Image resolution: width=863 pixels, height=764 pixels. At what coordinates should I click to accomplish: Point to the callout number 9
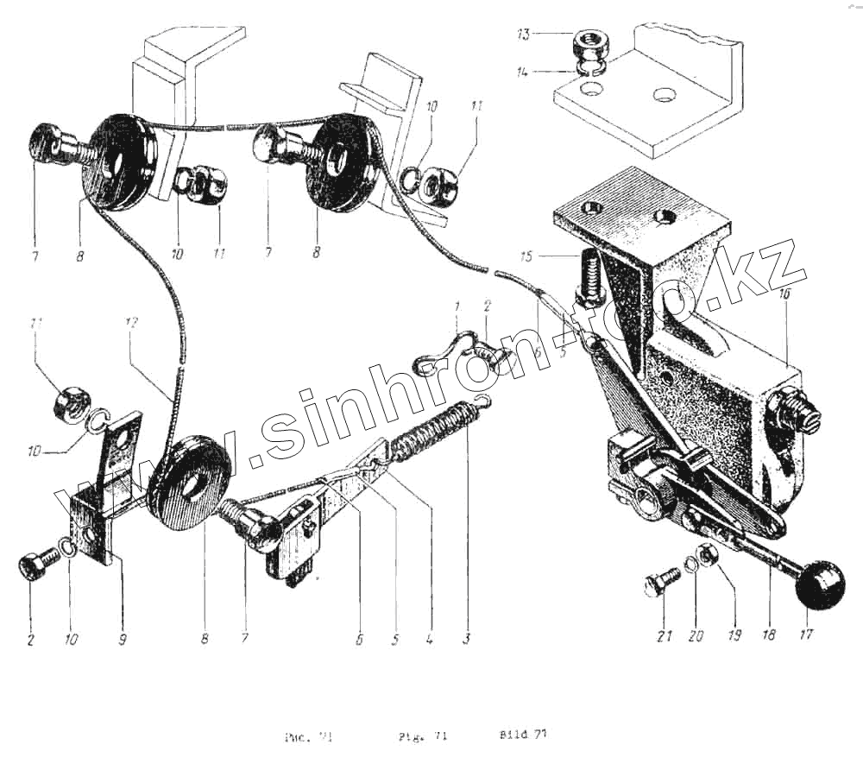pos(122,640)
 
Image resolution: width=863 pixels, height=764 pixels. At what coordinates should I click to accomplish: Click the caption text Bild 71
pos(523,735)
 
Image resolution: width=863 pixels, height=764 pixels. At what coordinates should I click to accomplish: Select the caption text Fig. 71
pos(422,736)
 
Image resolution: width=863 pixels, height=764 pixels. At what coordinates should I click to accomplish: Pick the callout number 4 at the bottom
pos(430,639)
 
